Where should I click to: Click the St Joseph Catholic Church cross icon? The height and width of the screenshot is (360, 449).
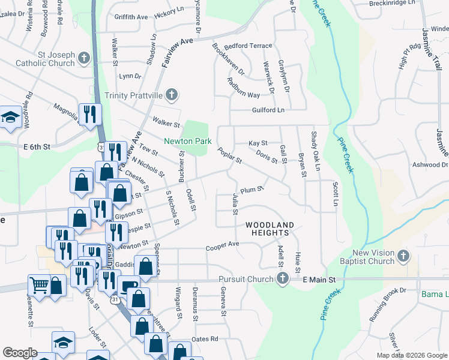[x=83, y=58]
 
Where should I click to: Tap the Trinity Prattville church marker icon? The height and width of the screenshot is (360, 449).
[x=172, y=94]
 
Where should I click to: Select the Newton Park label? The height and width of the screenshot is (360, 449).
[x=187, y=142]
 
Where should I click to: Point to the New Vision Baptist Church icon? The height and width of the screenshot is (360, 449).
[x=403, y=256]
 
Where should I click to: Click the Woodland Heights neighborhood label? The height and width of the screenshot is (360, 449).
[x=270, y=229]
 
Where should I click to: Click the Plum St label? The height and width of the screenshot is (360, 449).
[x=252, y=190]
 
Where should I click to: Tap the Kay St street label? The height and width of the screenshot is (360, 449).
[x=258, y=143]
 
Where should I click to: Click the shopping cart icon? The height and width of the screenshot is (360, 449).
[x=40, y=286]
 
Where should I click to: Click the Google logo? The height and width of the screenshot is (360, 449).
[x=20, y=353]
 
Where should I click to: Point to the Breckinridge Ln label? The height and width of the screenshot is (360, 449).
[x=410, y=3]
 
